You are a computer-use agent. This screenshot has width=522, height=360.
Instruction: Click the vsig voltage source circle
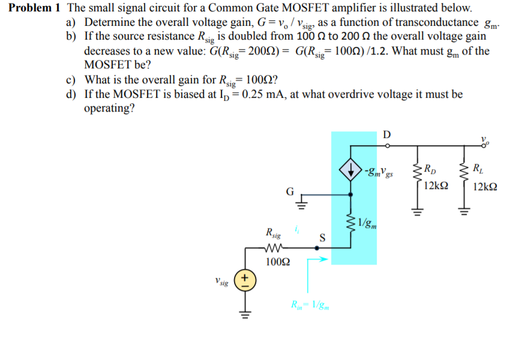245,281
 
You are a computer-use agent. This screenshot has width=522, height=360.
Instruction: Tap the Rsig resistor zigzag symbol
277,247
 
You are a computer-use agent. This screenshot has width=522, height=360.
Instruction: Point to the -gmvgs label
378,173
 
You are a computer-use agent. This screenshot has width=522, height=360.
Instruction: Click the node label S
322,236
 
